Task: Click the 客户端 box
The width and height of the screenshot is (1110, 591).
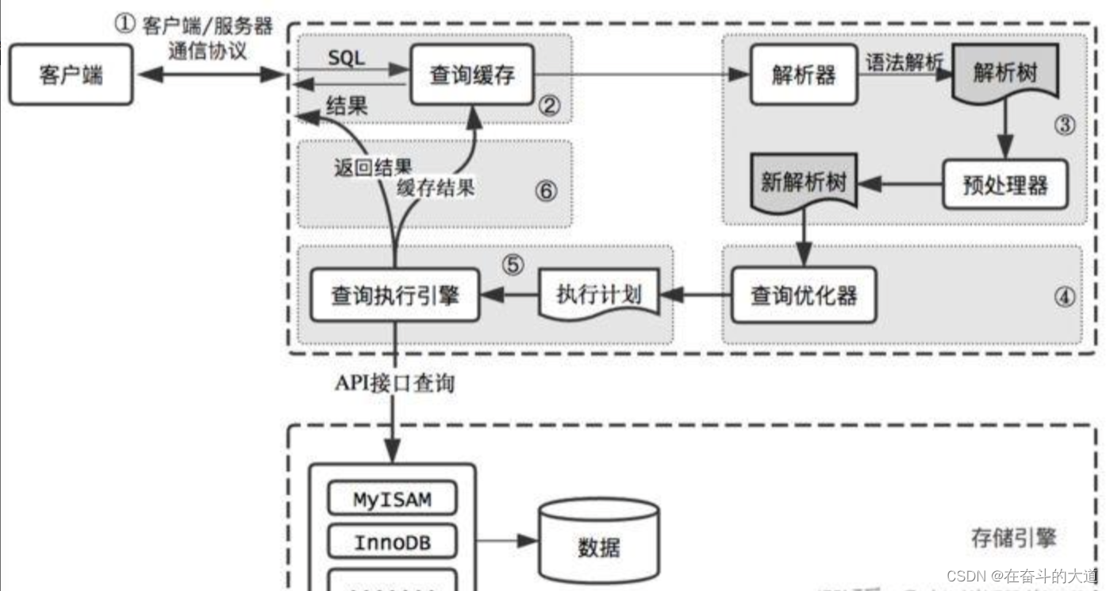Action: point(71,75)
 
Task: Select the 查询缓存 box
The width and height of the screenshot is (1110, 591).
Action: point(472,75)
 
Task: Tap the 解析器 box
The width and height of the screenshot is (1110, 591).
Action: point(803,75)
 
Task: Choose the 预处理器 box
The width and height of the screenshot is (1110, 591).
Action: point(1004,184)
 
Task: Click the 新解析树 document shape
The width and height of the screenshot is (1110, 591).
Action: point(804,182)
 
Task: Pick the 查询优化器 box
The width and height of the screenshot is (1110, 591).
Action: point(803,295)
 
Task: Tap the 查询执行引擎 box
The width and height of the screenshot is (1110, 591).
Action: point(394,295)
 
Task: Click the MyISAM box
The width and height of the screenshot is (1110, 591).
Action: point(392,500)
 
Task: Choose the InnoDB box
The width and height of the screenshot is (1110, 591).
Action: point(392,543)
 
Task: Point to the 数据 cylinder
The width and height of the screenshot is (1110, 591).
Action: point(598,547)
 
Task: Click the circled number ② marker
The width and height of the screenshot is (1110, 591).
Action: point(548,105)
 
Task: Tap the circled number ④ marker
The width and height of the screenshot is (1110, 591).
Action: point(1064,296)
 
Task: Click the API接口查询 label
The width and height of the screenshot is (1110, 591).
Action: point(394,384)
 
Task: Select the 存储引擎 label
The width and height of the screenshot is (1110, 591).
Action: point(1013,538)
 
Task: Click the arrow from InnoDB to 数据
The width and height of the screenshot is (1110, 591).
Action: point(506,542)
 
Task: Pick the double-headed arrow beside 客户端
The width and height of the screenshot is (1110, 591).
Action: point(209,75)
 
